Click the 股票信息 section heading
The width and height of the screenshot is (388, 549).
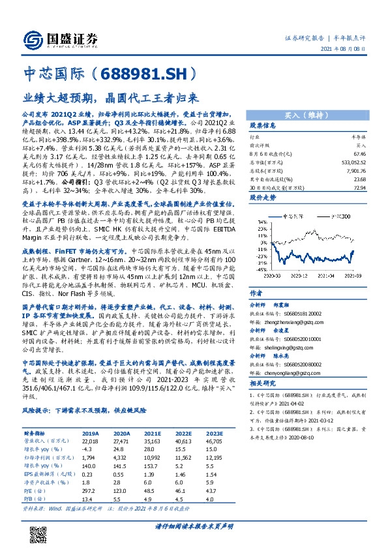[262, 125]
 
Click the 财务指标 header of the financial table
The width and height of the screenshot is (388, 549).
[35, 433]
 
